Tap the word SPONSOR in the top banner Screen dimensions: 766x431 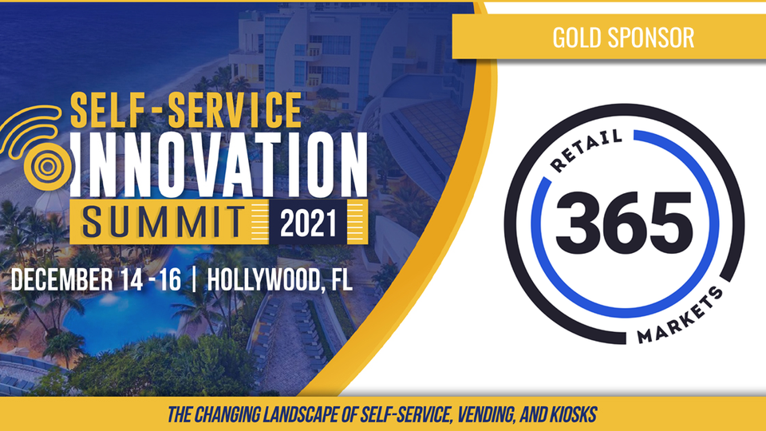click(x=651, y=38)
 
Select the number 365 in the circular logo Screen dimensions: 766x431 click(x=624, y=223)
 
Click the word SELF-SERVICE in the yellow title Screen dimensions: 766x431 click(x=186, y=110)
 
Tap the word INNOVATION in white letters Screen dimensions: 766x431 click(x=219, y=164)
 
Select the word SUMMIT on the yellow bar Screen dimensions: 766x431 click(x=164, y=222)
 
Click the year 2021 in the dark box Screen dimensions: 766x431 click(x=308, y=223)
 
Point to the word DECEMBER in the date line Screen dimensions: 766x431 click(x=61, y=280)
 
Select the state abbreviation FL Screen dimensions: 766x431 click(x=342, y=280)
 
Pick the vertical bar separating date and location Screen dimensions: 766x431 click(x=195, y=280)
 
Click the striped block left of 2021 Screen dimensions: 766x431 click(x=260, y=222)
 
